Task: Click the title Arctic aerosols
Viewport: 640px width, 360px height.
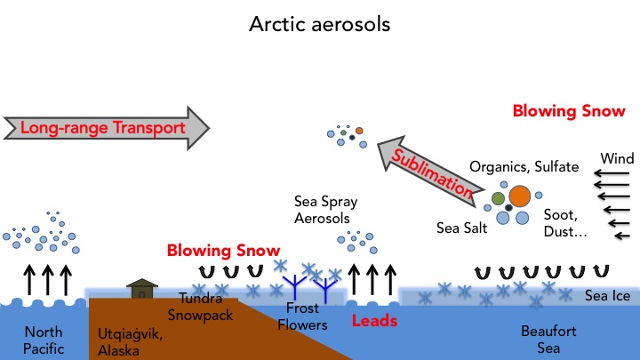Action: click(x=319, y=24)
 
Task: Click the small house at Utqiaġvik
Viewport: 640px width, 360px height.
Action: click(x=140, y=289)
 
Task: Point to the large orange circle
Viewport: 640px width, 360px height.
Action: click(x=519, y=196)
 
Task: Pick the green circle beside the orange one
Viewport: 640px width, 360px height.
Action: click(x=498, y=197)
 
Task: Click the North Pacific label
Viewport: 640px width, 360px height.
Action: click(x=44, y=339)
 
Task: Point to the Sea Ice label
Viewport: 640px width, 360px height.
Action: click(x=607, y=295)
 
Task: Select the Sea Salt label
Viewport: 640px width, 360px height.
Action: click(x=460, y=228)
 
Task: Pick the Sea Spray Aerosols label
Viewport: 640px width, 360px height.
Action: click(x=328, y=210)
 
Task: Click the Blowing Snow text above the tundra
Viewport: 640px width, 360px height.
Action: click(x=223, y=252)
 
